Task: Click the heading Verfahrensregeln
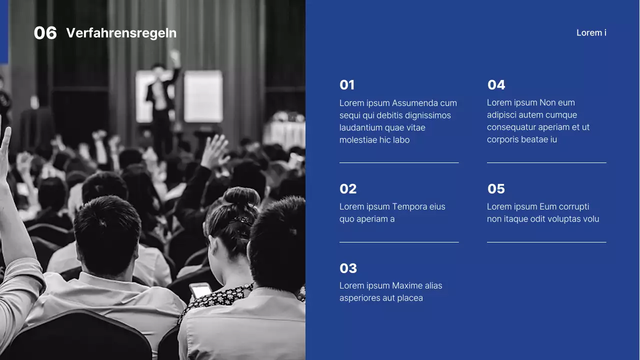121,33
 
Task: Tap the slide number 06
45,33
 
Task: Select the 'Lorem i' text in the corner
591,33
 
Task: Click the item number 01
347,85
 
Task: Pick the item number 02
348,189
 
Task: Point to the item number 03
348,268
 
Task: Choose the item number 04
496,85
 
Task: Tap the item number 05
496,189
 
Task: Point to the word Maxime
407,285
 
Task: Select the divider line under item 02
399,242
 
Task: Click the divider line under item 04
546,162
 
